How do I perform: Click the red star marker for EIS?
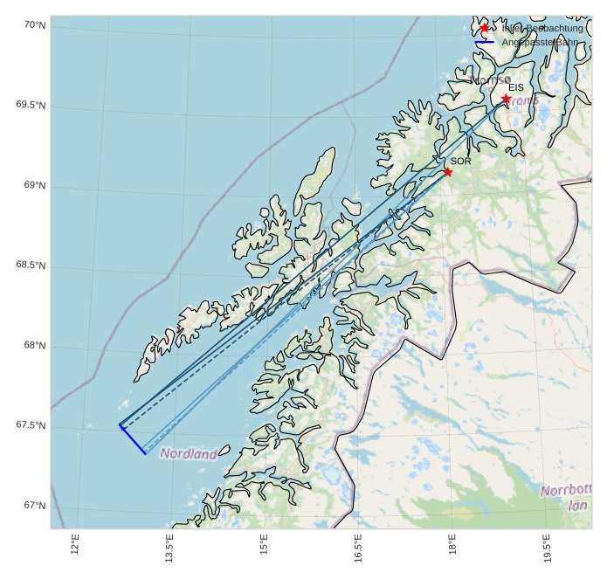[x=506, y=99]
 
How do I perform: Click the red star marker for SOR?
[x=448, y=171]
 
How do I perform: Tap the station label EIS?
[x=516, y=88]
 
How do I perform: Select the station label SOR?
[x=460, y=162]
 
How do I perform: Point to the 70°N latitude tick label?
[x=34, y=25]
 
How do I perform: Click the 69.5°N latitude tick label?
[x=31, y=106]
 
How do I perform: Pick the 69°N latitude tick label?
[x=34, y=186]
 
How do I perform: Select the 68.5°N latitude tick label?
[x=31, y=265]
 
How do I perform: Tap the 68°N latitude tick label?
[x=34, y=346]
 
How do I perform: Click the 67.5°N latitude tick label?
[x=31, y=425]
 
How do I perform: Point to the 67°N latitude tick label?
[x=34, y=506]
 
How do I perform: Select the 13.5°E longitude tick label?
[x=169, y=548]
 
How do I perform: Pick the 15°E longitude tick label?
[x=264, y=544]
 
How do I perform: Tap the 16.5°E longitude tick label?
[x=358, y=548]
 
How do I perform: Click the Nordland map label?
[x=189, y=454]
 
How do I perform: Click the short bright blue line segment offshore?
[x=133, y=439]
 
